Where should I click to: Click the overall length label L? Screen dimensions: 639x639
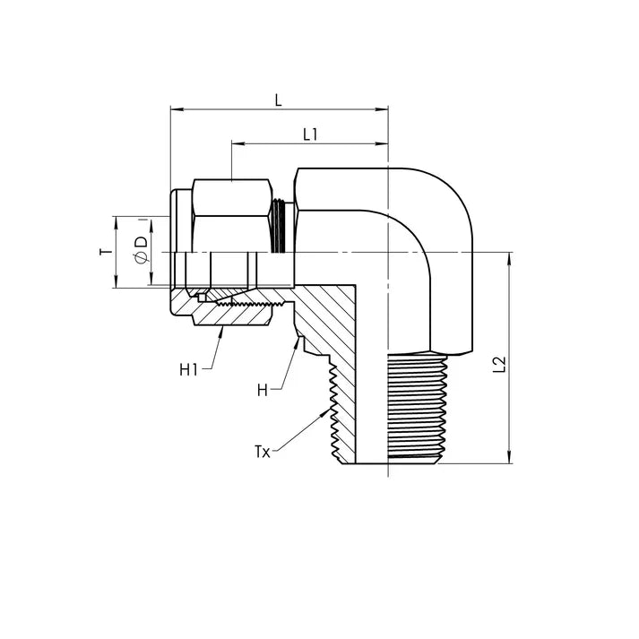click(278, 100)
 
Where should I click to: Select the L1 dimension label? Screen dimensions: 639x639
click(310, 134)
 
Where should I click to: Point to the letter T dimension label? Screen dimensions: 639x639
click(104, 253)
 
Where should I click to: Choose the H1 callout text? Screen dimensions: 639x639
click(188, 368)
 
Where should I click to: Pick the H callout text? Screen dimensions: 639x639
click(263, 390)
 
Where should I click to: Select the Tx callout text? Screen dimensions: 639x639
click(263, 450)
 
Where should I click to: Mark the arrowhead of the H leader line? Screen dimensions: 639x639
click(297, 341)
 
